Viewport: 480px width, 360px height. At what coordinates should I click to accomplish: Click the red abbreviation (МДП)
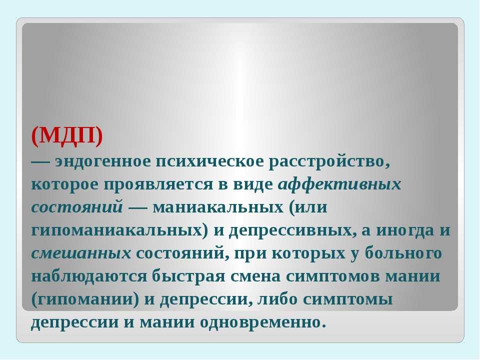(x=67, y=135)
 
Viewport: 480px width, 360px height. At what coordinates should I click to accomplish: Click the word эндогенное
(x=103, y=161)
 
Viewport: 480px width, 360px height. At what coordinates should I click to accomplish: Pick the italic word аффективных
(x=339, y=184)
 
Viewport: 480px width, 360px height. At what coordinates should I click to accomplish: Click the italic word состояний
(x=77, y=207)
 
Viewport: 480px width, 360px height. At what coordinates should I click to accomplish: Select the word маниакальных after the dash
(x=218, y=207)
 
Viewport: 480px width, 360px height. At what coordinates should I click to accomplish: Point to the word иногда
(x=405, y=230)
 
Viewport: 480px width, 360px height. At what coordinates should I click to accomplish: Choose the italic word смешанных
(x=81, y=253)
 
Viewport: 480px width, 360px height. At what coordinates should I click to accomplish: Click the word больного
(x=403, y=253)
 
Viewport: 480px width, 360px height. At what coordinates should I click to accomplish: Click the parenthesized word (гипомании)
(x=85, y=299)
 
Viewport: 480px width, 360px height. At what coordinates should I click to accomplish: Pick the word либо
(x=277, y=298)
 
